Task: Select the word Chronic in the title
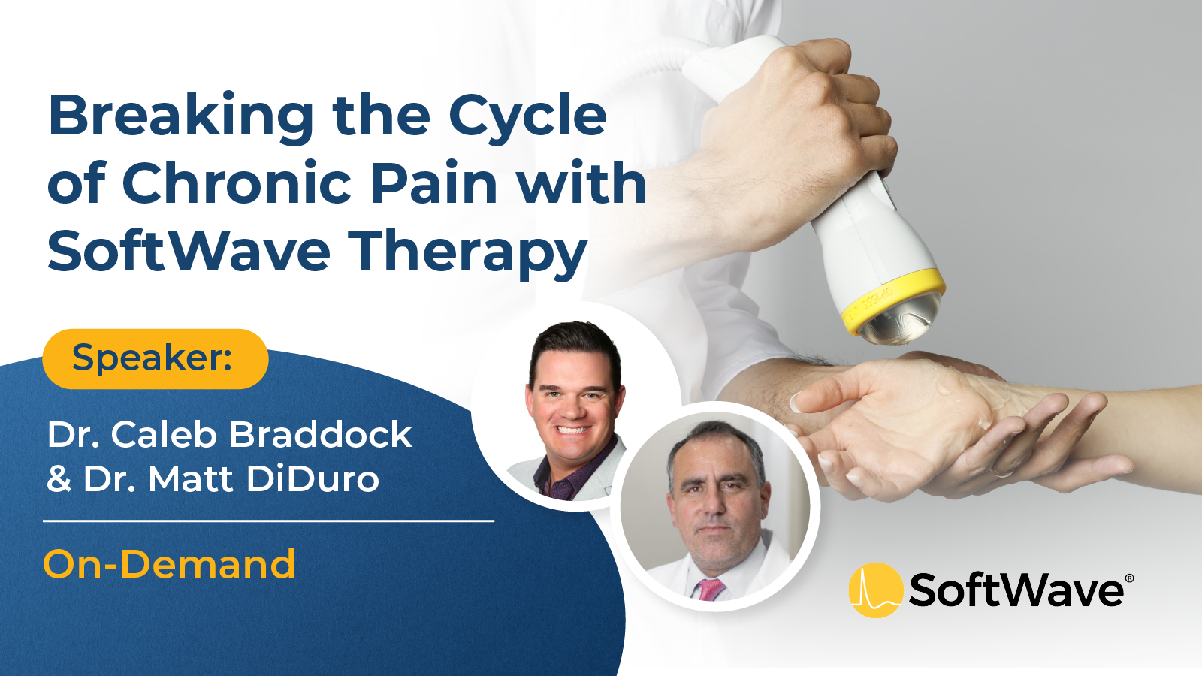[x=237, y=183]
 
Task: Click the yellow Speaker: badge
[x=155, y=358]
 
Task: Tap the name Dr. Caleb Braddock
[x=230, y=434]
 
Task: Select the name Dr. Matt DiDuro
[x=213, y=478]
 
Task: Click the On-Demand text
[x=169, y=564]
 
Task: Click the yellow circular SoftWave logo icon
[x=876, y=590]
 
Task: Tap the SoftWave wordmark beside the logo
[x=1015, y=590]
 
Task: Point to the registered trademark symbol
[x=1130, y=578]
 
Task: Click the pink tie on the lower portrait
[x=711, y=589]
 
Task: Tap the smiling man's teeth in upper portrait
[x=572, y=430]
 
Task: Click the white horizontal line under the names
[x=268, y=521]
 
